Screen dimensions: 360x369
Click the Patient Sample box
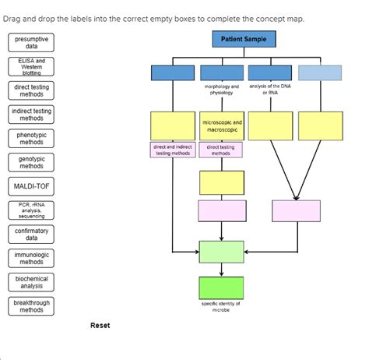pyautogui.click(x=244, y=39)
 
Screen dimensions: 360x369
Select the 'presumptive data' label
pyautogui.click(x=32, y=43)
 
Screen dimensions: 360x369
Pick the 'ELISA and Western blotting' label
pyautogui.click(x=32, y=66)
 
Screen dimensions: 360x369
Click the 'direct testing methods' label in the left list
pyautogui.click(x=32, y=90)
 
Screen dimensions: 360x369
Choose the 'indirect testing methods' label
pyautogui.click(x=32, y=115)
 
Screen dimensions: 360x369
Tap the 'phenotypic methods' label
pyautogui.click(x=32, y=139)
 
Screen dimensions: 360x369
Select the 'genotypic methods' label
pyautogui.click(x=32, y=162)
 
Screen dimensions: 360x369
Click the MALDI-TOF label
pyautogui.click(x=32, y=187)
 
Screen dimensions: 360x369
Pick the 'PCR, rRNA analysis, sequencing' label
pyautogui.click(x=32, y=210)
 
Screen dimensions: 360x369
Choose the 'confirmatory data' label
pyautogui.click(x=32, y=235)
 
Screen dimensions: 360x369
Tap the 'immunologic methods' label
pyautogui.click(x=32, y=259)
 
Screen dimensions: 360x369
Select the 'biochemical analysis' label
pyautogui.click(x=32, y=282)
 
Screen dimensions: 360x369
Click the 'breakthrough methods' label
pyautogui.click(x=32, y=306)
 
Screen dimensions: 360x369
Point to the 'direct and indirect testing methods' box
pyautogui.click(x=173, y=150)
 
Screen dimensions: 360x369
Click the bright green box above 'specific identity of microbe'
pyautogui.click(x=222, y=288)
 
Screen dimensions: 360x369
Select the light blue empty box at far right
pyautogui.click(x=320, y=72)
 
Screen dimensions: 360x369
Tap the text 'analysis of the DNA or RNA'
pyautogui.click(x=270, y=89)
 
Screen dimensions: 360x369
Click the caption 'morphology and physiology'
pyautogui.click(x=222, y=89)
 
